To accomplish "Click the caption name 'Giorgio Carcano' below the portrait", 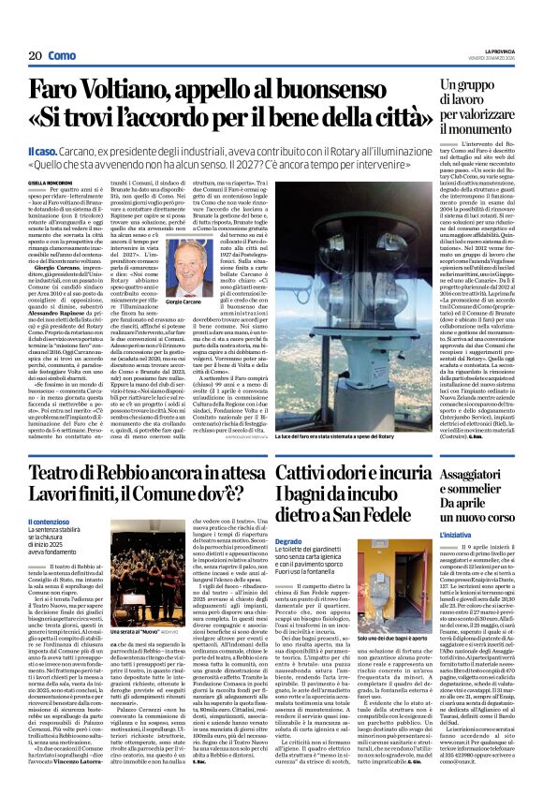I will pyautogui.click(x=198, y=303).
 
